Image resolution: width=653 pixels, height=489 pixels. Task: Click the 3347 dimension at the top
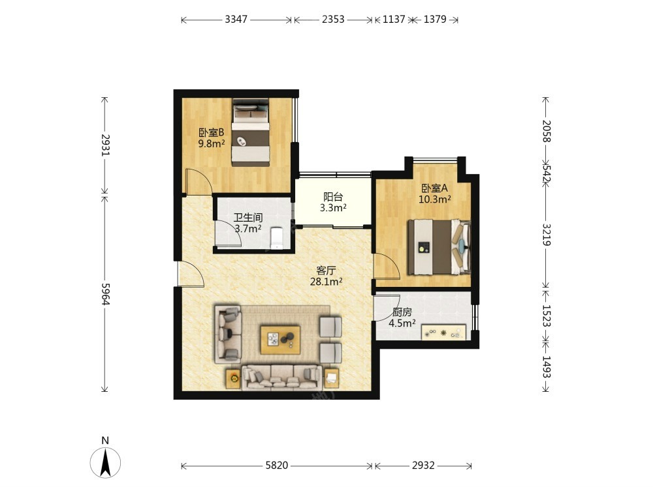click(x=236, y=19)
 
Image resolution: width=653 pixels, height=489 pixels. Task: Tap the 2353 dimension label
click(x=333, y=19)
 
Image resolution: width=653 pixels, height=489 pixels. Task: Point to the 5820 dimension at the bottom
click(x=277, y=466)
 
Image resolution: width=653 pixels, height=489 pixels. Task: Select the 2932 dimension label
click(x=424, y=466)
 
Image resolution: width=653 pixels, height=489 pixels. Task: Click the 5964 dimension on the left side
click(x=105, y=294)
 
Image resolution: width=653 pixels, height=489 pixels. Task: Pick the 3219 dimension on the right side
click(x=547, y=235)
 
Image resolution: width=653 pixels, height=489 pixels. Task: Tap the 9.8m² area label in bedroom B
click(x=212, y=144)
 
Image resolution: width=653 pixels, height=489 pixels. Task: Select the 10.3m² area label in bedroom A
click(x=435, y=199)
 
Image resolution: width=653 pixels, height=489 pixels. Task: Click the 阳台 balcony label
click(x=333, y=197)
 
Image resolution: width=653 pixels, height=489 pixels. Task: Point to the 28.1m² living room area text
click(x=326, y=282)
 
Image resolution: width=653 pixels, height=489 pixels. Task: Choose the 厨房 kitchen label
click(x=402, y=312)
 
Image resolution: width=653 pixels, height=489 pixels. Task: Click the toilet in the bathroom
click(x=276, y=237)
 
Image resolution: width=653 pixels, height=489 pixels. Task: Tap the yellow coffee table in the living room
click(x=280, y=340)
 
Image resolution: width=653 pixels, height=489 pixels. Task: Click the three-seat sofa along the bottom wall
click(x=282, y=378)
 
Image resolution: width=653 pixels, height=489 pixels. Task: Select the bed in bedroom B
click(x=251, y=132)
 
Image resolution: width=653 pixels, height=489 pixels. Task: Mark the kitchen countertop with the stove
click(x=443, y=333)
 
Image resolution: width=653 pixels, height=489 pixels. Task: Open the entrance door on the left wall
click(x=191, y=274)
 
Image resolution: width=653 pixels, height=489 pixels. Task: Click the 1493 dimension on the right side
click(x=547, y=367)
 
